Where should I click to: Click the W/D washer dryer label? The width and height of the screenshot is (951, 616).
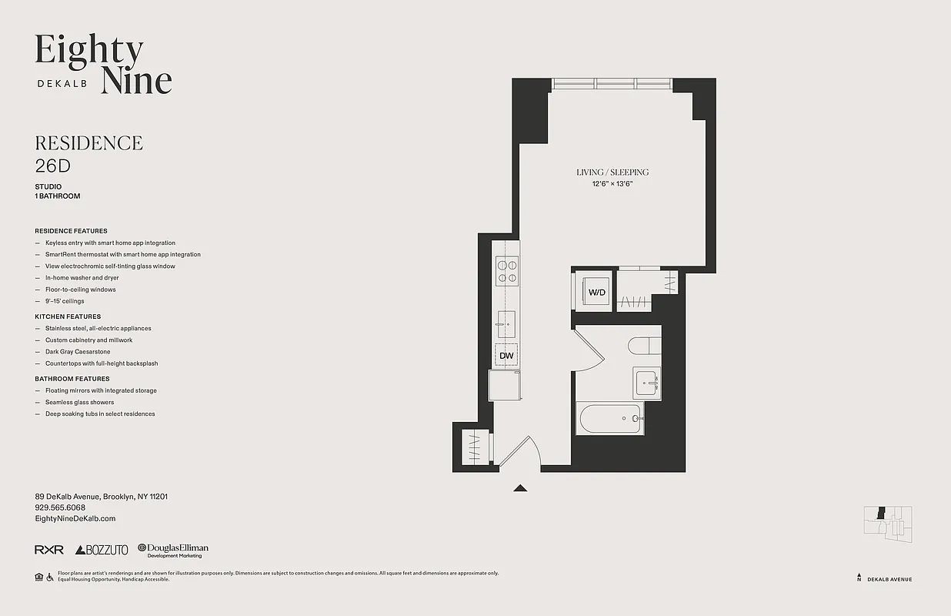(x=596, y=293)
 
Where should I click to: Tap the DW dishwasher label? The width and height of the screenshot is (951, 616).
(x=506, y=356)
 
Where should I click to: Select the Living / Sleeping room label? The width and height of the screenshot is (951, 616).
(x=612, y=172)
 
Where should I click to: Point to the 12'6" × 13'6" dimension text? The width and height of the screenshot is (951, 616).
(x=612, y=184)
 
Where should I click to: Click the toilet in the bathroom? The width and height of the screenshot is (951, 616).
(x=643, y=346)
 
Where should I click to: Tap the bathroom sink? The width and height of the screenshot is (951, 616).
(x=647, y=383)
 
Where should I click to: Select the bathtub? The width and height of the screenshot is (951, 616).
(x=611, y=419)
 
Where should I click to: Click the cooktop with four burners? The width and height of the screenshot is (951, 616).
(x=506, y=269)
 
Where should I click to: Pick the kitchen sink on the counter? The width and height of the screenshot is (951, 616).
(x=506, y=323)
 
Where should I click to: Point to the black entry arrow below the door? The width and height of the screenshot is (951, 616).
(x=521, y=487)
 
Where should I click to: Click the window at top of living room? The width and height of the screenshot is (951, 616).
(x=612, y=84)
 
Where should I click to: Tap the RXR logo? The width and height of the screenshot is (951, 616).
(x=48, y=550)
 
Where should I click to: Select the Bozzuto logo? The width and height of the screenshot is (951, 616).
(x=102, y=550)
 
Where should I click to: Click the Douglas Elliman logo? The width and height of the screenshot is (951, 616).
(x=173, y=550)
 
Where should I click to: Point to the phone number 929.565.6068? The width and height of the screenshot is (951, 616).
(x=60, y=508)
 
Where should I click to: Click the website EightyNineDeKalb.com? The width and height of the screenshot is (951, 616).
(x=75, y=519)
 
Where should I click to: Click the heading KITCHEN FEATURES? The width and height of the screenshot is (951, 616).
(x=68, y=316)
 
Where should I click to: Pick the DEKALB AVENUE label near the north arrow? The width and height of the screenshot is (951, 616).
(x=889, y=579)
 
